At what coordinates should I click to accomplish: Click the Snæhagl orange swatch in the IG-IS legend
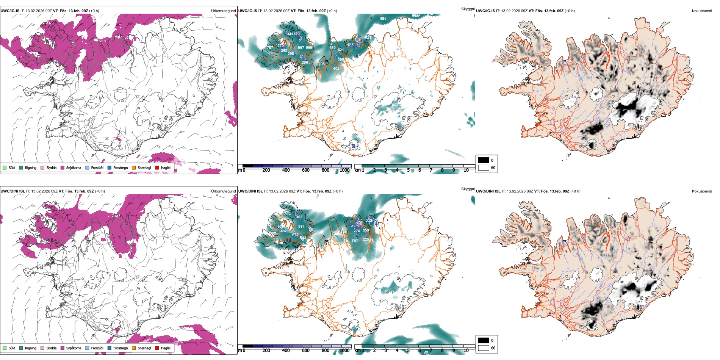(x=134, y=168)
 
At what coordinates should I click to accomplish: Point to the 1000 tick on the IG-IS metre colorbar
(x=344, y=170)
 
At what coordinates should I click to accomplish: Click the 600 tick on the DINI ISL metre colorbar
(x=306, y=351)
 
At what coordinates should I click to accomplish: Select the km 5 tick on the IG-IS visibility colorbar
(x=409, y=170)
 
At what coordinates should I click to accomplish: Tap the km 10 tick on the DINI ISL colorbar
(x=466, y=351)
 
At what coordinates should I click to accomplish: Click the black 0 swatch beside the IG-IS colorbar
(x=484, y=160)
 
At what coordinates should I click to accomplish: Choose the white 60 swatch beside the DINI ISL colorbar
(x=484, y=348)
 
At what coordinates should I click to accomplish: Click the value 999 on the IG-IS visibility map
(x=309, y=48)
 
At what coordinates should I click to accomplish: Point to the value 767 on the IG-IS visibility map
(x=270, y=48)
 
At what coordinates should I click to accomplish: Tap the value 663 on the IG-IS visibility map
(x=395, y=105)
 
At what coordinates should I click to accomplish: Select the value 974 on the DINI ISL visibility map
(x=301, y=227)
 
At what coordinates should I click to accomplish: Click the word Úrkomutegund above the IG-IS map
(x=223, y=11)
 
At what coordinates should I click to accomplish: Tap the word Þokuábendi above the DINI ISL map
(x=702, y=191)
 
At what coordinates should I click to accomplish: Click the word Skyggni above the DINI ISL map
(x=468, y=189)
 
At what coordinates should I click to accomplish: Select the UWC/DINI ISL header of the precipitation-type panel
(x=13, y=191)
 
